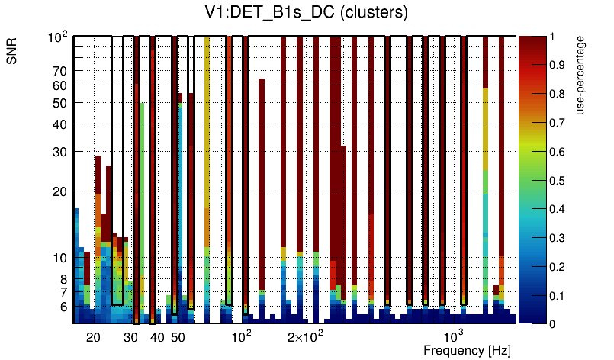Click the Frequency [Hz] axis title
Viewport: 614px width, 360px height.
pos(467,350)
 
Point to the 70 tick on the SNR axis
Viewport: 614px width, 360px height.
pos(59,71)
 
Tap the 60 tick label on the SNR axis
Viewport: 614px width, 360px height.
pos(59,85)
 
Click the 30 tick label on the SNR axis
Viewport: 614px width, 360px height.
pos(59,152)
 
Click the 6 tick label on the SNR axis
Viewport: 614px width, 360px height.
pos(62,307)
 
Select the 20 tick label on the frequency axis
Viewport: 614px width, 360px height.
pos(93,337)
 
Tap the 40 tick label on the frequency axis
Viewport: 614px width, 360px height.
pos(156,337)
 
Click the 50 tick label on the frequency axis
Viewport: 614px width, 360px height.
pos(177,337)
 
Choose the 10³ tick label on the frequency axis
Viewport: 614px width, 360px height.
pos(454,336)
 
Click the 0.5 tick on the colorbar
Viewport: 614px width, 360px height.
pos(558,180)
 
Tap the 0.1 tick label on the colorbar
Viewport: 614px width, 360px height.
pos(558,295)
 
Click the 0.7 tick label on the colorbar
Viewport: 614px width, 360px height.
pos(558,123)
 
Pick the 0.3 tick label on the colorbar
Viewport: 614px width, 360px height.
pos(558,238)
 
